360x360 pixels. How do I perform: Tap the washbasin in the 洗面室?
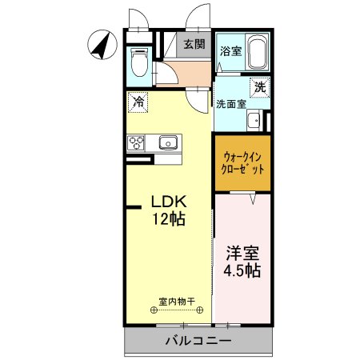254,121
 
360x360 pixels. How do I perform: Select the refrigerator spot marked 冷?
138,102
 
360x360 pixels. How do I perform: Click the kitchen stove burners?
135,144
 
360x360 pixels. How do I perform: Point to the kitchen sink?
167,144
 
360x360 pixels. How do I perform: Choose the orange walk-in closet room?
242,163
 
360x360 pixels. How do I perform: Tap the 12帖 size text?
170,219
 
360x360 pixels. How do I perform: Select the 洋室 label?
242,254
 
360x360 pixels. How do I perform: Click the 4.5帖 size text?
242,271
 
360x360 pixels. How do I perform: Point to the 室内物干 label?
178,302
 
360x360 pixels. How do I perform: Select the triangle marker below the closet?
252,199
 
